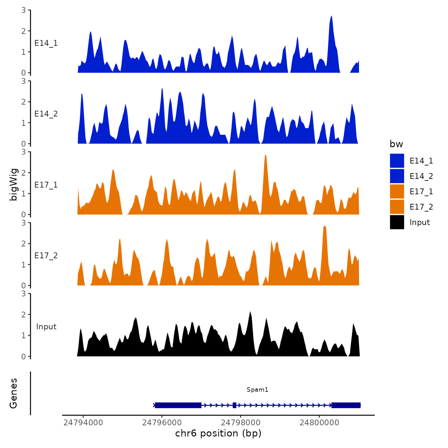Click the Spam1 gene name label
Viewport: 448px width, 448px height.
(x=257, y=389)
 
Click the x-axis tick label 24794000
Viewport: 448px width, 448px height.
(x=83, y=422)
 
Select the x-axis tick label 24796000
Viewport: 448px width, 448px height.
(x=162, y=422)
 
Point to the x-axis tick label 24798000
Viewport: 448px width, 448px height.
(x=241, y=422)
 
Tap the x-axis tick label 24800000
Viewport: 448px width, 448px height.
(x=319, y=422)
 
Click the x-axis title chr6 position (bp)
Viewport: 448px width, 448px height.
(x=218, y=433)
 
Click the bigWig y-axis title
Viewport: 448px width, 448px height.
(x=13, y=184)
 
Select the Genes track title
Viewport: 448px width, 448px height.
(x=13, y=393)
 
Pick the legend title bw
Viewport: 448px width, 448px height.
(x=396, y=144)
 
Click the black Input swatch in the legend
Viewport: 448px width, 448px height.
(x=397, y=222)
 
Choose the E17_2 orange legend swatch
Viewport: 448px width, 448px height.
(x=397, y=207)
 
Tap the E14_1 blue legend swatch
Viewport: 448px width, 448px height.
(x=397, y=161)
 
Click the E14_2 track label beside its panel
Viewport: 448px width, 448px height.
(x=46, y=114)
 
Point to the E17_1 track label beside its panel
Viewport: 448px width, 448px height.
(x=46, y=185)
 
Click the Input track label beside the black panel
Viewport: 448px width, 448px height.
(x=46, y=326)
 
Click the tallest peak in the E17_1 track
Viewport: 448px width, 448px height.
(x=266, y=156)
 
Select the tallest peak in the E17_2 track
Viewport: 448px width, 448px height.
(x=324, y=227)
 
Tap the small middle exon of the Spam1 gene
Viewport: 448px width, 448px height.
(x=235, y=405)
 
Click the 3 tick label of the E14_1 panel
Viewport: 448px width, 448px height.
(x=24, y=10)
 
